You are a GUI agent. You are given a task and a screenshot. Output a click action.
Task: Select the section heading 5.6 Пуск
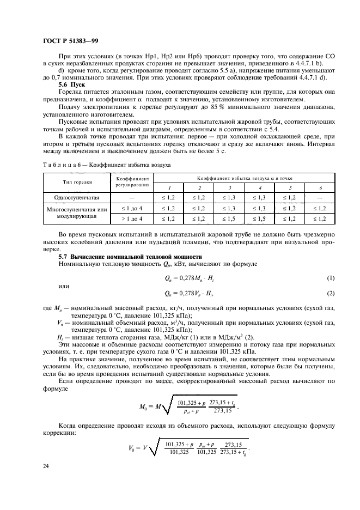coord(71,86)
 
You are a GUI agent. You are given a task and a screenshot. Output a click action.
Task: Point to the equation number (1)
coord(330,279)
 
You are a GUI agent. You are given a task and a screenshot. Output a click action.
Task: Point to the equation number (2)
coord(330,294)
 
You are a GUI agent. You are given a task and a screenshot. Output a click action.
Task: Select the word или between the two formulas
coord(64,286)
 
